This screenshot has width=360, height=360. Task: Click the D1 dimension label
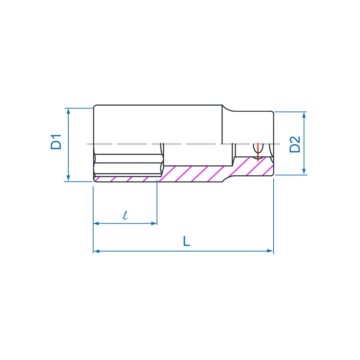(56, 142)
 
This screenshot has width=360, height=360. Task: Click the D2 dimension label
(295, 144)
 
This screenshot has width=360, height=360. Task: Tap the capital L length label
(186, 241)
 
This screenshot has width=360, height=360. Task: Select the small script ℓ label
(125, 215)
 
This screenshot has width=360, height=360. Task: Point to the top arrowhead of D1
(68, 111)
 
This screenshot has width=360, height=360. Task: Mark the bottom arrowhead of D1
(68, 178)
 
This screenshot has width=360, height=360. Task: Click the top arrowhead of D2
(304, 115)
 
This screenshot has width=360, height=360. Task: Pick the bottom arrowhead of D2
(304, 172)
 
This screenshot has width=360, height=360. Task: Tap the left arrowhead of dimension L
(96, 251)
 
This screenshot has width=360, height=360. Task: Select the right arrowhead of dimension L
(270, 251)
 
